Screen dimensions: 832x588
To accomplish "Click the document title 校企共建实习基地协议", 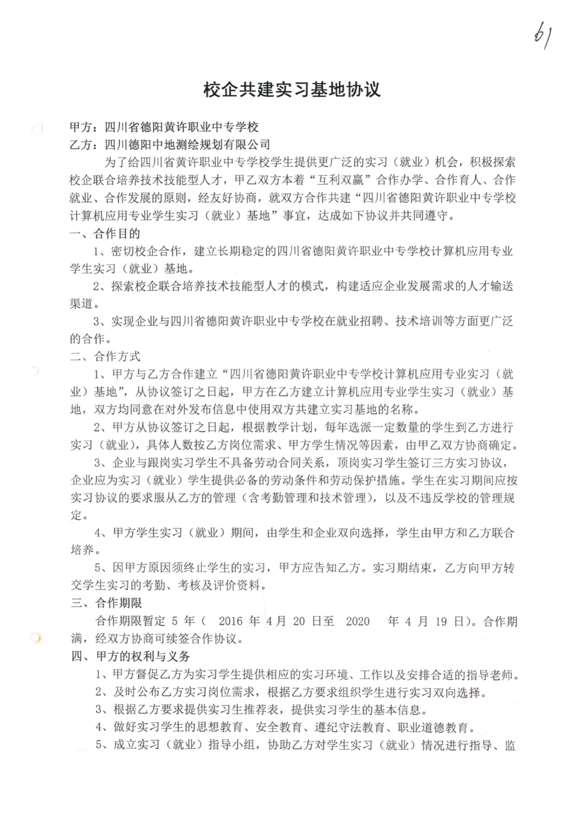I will (x=292, y=90).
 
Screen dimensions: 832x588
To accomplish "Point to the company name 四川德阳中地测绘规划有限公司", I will (x=188, y=144).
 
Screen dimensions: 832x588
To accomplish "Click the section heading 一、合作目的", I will (x=105, y=233).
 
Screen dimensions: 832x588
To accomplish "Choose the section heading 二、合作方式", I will (x=105, y=356).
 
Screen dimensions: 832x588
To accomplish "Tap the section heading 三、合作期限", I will (x=106, y=603).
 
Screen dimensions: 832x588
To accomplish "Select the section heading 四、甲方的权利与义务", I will (x=130, y=656).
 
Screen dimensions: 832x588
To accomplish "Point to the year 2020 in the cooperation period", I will (x=358, y=621).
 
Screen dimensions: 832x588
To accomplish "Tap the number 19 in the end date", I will (x=441, y=621).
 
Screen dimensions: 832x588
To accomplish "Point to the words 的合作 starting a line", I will (x=87, y=339).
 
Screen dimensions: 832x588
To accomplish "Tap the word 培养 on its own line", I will (x=82, y=550).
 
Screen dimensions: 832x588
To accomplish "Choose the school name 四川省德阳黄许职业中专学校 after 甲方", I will (x=181, y=127).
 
